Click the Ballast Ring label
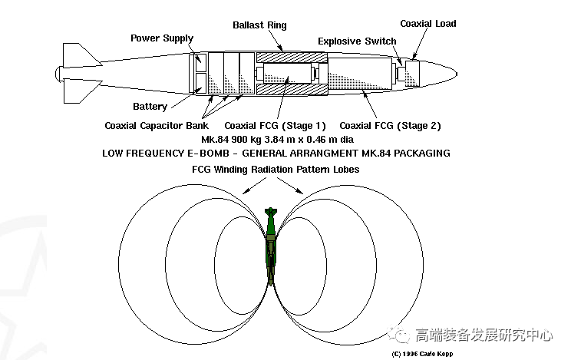(x=259, y=25)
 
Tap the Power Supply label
(x=162, y=38)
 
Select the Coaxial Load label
(x=428, y=24)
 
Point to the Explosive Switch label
(x=357, y=41)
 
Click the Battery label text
(x=150, y=107)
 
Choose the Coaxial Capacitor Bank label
(x=157, y=126)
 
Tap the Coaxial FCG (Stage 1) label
(x=275, y=126)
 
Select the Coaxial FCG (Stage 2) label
(x=390, y=126)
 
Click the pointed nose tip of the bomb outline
(x=457, y=74)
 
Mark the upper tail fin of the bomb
(x=79, y=54)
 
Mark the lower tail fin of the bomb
(x=79, y=91)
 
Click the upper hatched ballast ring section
(x=292, y=58)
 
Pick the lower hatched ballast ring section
(x=292, y=89)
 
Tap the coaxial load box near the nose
(x=412, y=74)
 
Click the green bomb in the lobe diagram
(x=271, y=246)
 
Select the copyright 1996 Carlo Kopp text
(x=422, y=354)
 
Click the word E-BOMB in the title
(x=208, y=153)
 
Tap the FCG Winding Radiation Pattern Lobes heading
(x=276, y=170)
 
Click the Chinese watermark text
(x=484, y=335)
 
